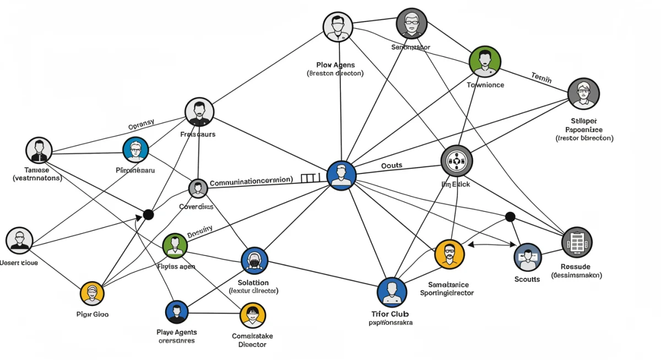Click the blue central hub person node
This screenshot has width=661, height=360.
[x=342, y=176]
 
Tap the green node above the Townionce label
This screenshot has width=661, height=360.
[x=485, y=61]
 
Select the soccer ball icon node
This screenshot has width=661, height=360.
[x=457, y=161]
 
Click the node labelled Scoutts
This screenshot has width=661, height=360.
[x=528, y=257]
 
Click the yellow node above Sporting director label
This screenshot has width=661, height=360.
[x=449, y=254]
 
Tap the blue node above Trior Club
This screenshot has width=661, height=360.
[x=392, y=292]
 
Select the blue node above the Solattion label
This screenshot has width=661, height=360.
[x=254, y=260]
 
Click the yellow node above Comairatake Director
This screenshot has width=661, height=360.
[x=253, y=316]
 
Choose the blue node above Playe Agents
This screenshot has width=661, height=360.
[x=177, y=312]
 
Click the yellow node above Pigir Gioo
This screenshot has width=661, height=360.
[x=92, y=293]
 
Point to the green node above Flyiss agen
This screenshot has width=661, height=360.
[x=175, y=246]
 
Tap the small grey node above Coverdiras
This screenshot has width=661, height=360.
[x=198, y=189]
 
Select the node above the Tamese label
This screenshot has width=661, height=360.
[x=39, y=150]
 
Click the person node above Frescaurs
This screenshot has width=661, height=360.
[x=199, y=112]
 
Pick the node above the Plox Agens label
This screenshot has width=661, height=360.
[x=337, y=27]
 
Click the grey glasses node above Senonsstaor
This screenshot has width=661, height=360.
[x=411, y=24]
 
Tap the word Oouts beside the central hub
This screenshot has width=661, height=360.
[x=392, y=165]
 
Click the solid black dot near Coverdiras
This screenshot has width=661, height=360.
[x=148, y=215]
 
